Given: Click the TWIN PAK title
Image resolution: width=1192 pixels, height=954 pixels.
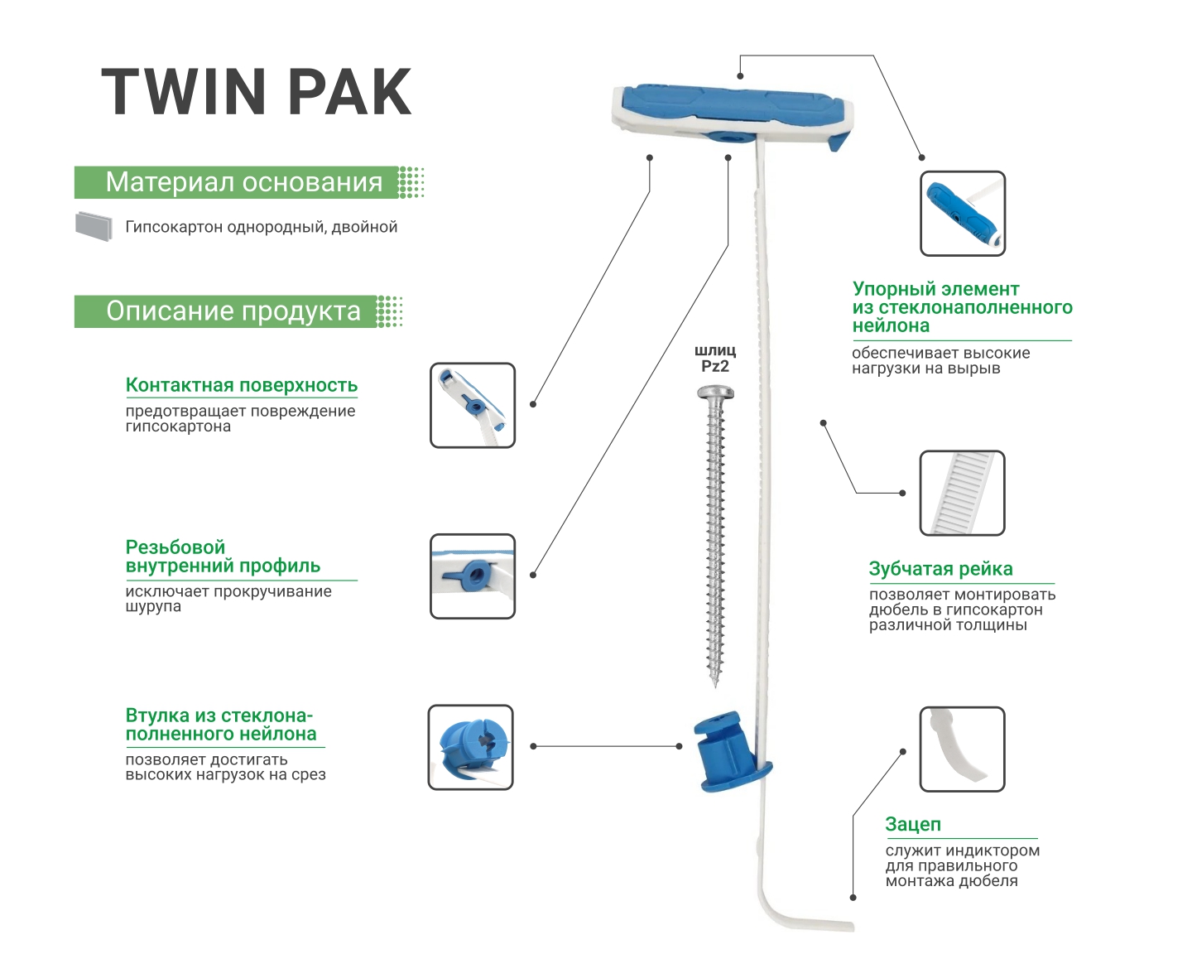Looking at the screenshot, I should coord(257,92).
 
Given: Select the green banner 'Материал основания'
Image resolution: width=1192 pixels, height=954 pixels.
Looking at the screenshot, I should coord(243,182).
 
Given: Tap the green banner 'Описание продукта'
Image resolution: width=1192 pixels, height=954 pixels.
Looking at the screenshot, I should coord(233,311).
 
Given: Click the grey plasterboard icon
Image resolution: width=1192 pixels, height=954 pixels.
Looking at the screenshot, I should coord(94,226).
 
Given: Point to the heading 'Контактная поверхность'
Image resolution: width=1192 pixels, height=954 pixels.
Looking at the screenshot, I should coord(241,385).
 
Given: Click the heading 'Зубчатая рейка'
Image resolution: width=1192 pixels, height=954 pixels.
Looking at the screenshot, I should coord(940,569).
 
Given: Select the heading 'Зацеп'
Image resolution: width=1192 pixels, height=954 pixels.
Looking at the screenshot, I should coord(913,824).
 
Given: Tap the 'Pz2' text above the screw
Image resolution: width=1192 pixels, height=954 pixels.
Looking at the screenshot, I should coord(715,367).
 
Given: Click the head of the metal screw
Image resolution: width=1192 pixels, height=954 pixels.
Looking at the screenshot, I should coord(715,392).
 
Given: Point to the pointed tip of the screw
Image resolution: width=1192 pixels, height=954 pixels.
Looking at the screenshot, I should coord(715,682).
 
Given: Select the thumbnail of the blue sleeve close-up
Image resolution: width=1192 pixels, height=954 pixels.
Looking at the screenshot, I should coord(470,747).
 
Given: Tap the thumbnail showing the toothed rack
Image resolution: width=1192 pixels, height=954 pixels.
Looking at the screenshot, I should coord(962,493).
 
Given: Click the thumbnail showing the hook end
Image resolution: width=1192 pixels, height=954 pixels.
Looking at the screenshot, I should coord(962,749).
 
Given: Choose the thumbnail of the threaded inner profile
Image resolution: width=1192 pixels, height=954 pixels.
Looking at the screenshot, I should coord(473,576).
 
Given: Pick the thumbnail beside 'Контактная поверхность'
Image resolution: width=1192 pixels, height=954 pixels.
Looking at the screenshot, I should coord(473,405).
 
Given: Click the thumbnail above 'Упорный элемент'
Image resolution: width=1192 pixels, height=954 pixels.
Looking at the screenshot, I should coord(962,214).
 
